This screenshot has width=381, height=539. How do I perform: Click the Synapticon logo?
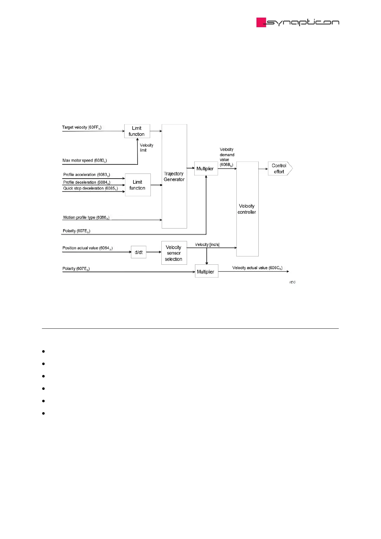(x=297, y=22)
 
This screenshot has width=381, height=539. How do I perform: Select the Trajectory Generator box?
(x=174, y=176)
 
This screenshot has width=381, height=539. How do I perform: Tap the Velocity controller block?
(x=247, y=209)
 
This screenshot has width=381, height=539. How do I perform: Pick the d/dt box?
(x=139, y=252)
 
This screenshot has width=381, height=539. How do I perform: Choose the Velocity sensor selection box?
(x=174, y=253)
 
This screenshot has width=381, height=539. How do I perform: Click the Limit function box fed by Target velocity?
(x=137, y=131)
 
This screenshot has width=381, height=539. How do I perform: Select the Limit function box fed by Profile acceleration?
(x=138, y=185)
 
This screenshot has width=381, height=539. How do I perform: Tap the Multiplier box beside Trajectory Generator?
(x=206, y=169)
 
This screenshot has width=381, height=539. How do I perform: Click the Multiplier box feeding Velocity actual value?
(x=206, y=271)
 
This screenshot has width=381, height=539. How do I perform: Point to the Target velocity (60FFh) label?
(x=82, y=127)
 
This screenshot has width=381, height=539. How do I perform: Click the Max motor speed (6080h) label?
(x=85, y=161)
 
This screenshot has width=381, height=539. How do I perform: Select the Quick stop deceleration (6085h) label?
(x=90, y=189)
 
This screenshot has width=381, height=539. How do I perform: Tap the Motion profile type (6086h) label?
(x=86, y=218)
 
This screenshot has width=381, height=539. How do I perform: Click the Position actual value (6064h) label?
(x=87, y=248)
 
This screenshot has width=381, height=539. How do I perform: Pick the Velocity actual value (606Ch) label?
(x=257, y=268)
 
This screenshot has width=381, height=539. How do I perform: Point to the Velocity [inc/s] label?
(x=207, y=245)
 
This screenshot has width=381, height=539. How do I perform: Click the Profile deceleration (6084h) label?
(x=86, y=182)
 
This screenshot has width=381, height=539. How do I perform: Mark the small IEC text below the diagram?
(x=293, y=282)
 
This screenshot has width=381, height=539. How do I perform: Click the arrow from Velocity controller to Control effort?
(x=263, y=169)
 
